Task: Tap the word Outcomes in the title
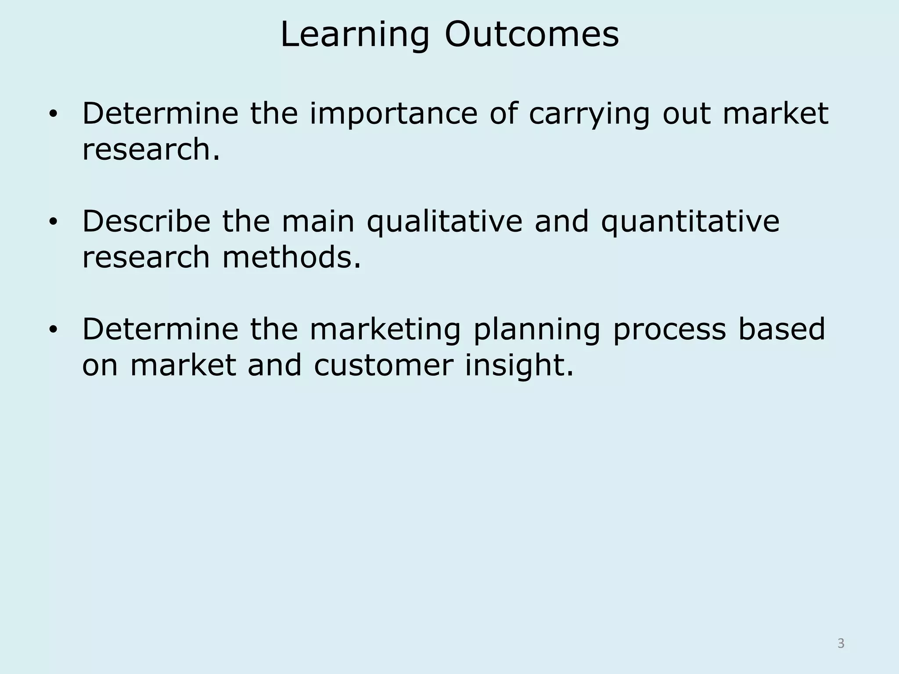[x=532, y=35]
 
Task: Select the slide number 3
[x=841, y=643]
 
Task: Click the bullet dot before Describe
[x=53, y=222]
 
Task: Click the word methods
[x=291, y=258]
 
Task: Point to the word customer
[x=384, y=366]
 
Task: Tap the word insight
[x=519, y=366]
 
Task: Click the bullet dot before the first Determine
[x=53, y=115]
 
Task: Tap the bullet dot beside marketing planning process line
[x=53, y=330]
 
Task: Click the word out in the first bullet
[x=686, y=114]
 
